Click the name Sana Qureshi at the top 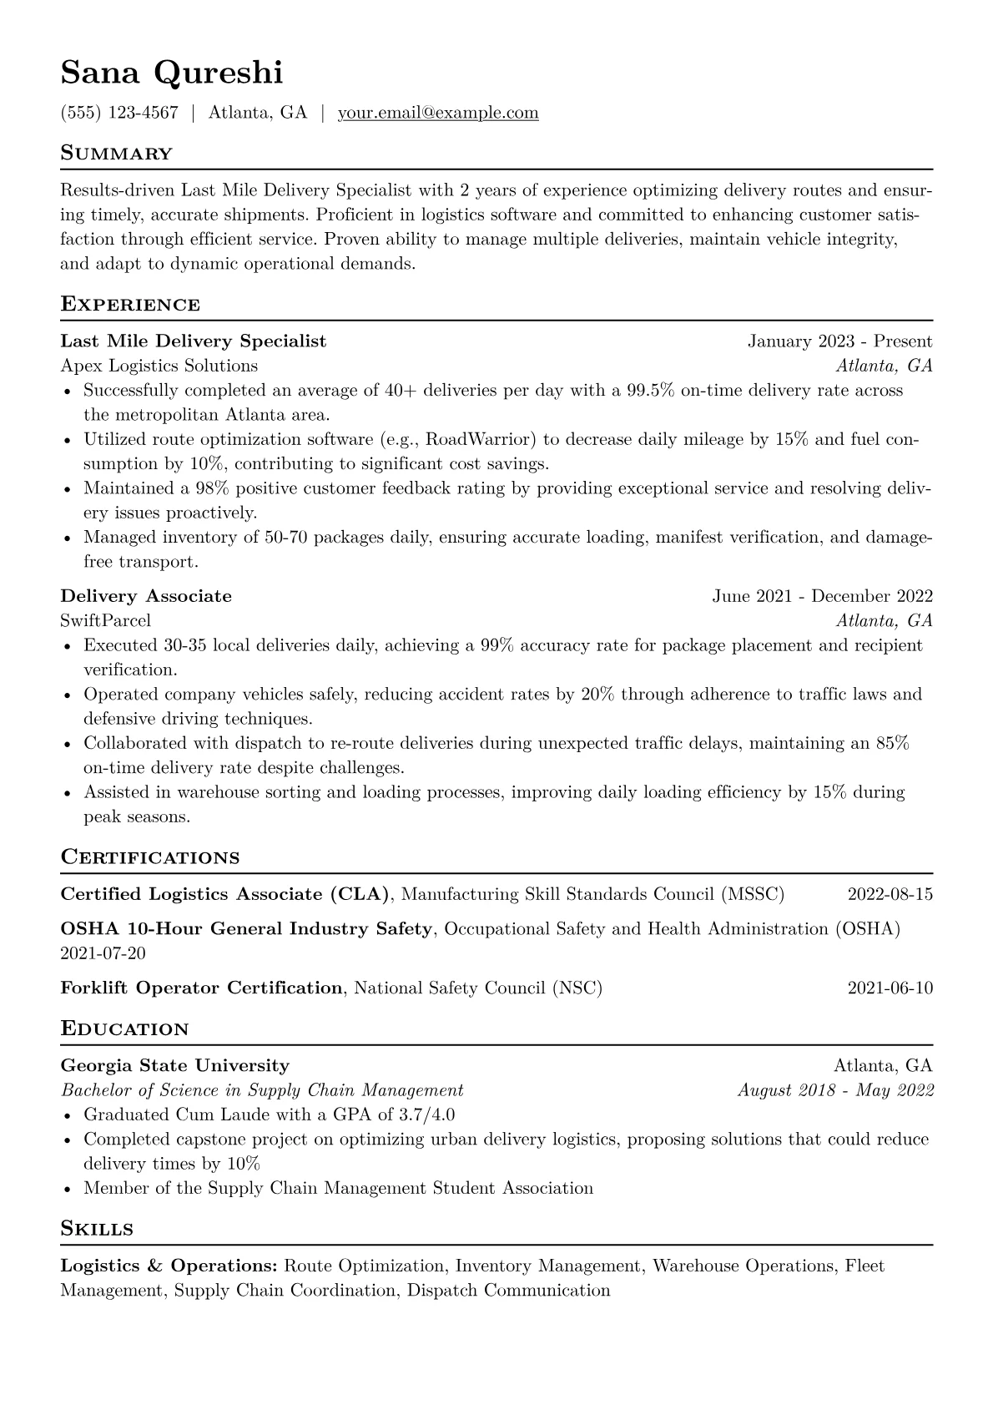coord(172,73)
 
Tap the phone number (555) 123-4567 coord(119,113)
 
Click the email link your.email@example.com coord(438,113)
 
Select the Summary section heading coord(117,154)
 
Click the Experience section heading coord(130,305)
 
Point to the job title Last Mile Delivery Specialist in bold coord(194,341)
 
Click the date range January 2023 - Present coord(839,341)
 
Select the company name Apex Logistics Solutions coord(159,366)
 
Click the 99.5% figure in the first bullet coord(650,390)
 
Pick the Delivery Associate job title coord(146,596)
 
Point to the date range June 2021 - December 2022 coord(822,596)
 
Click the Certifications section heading coord(150,857)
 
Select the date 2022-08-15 coord(890,894)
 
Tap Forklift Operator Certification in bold coord(201,988)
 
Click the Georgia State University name coord(175,1065)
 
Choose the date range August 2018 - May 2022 coord(835,1090)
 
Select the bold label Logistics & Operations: coord(169,1266)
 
